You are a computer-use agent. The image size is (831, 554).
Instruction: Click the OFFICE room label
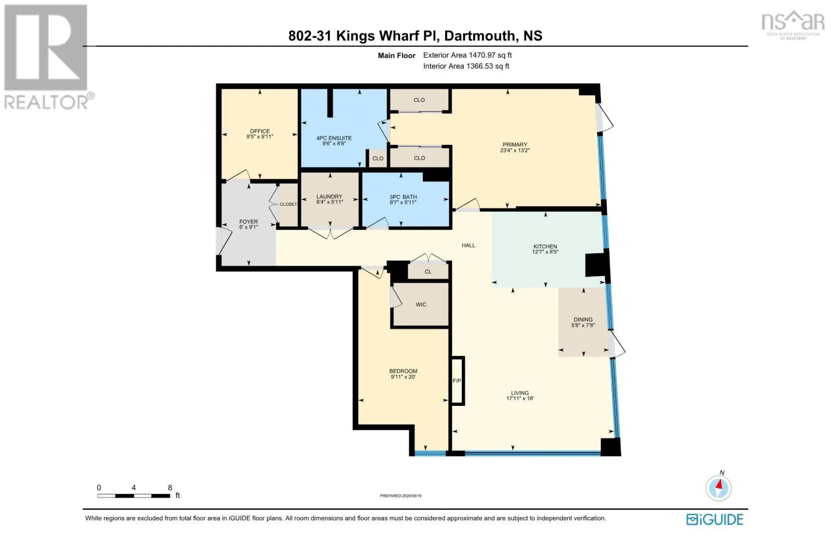pyautogui.click(x=260, y=131)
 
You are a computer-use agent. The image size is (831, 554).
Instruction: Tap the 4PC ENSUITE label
pyautogui.click(x=334, y=138)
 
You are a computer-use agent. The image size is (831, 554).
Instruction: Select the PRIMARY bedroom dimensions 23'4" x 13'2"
pyautogui.click(x=515, y=150)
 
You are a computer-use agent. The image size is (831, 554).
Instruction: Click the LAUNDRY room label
pyautogui.click(x=329, y=196)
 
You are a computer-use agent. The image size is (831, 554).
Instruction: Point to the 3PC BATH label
pyautogui.click(x=403, y=197)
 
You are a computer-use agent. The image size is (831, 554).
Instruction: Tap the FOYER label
pyautogui.click(x=248, y=222)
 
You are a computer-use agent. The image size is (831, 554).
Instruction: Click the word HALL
pyautogui.click(x=468, y=245)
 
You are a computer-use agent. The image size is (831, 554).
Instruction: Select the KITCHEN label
pyautogui.click(x=545, y=246)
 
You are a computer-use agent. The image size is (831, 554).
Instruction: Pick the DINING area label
pyautogui.click(x=583, y=319)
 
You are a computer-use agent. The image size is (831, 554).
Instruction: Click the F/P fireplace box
pyautogui.click(x=458, y=380)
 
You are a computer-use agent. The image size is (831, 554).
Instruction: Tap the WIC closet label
pyautogui.click(x=421, y=305)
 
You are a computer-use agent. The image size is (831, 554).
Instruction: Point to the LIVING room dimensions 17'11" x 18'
pyautogui.click(x=520, y=399)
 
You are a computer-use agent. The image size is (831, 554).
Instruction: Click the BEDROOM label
pyautogui.click(x=403, y=371)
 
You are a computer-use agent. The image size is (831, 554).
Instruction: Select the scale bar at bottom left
pyautogui.click(x=133, y=496)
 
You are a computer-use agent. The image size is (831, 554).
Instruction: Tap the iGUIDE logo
pyautogui.click(x=715, y=520)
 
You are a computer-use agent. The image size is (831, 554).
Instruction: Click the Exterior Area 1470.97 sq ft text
pyautogui.click(x=467, y=55)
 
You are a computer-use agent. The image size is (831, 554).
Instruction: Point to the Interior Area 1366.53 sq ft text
pyautogui.click(x=466, y=66)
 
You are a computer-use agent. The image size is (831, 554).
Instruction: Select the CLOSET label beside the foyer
pyautogui.click(x=288, y=204)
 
